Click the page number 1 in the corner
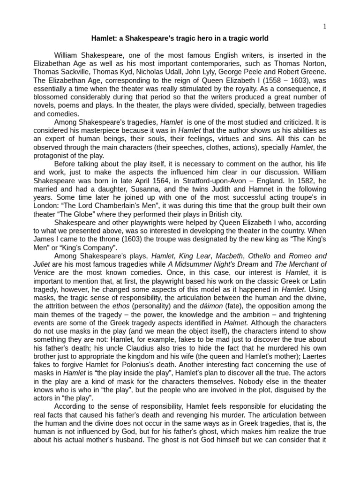pos(324,26)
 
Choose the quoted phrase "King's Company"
pos(93,248)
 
